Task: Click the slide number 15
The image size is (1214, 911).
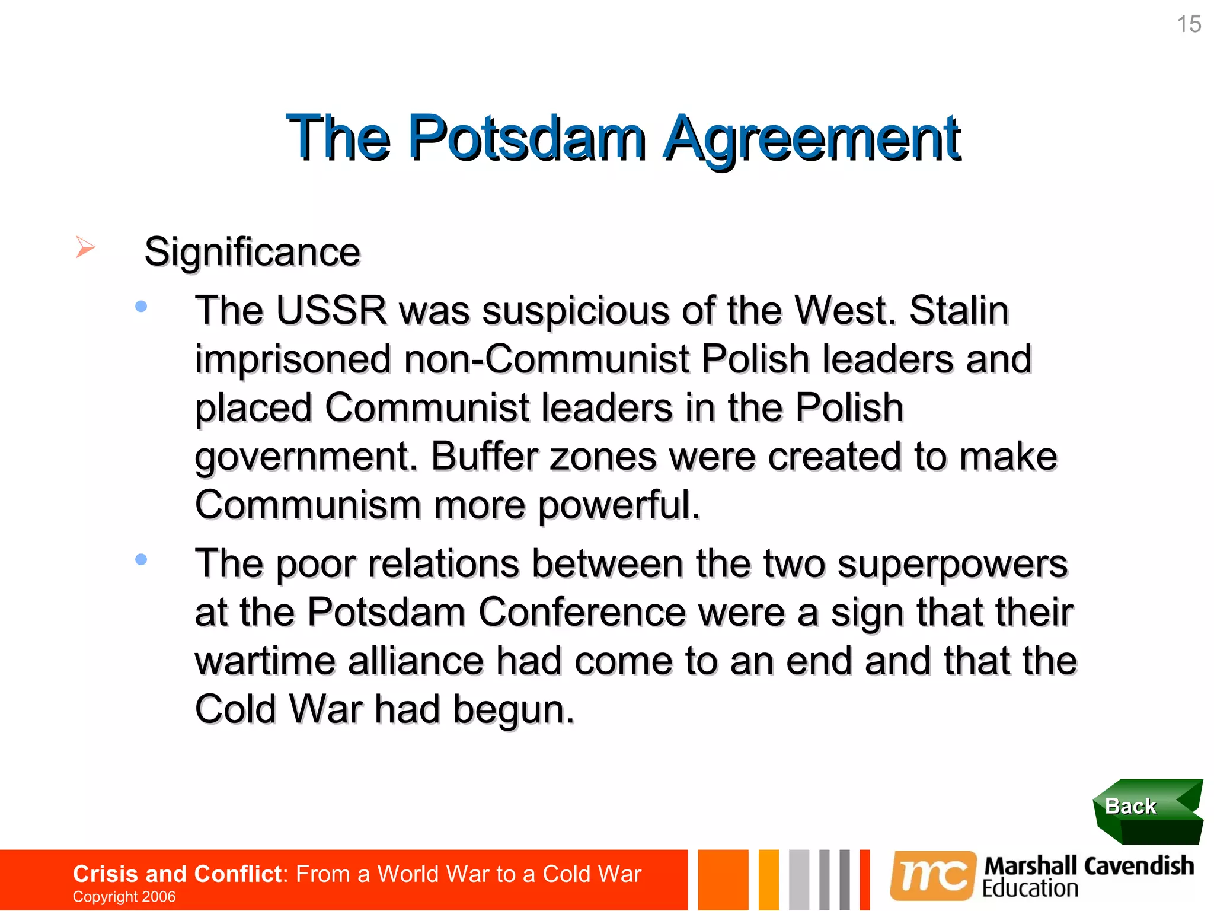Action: coord(1189,24)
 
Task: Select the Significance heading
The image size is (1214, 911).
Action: coord(252,252)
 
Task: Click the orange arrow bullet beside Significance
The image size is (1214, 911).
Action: coord(85,247)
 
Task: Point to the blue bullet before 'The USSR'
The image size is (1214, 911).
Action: coord(141,307)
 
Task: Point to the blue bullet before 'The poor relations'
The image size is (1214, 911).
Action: coord(141,559)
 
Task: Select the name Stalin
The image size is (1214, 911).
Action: coord(959,310)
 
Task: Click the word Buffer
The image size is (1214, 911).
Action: coord(484,457)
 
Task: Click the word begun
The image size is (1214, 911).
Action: coord(513,709)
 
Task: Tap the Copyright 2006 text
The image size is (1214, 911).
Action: coord(124,896)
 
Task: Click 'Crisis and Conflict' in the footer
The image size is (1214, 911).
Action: coord(177,874)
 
